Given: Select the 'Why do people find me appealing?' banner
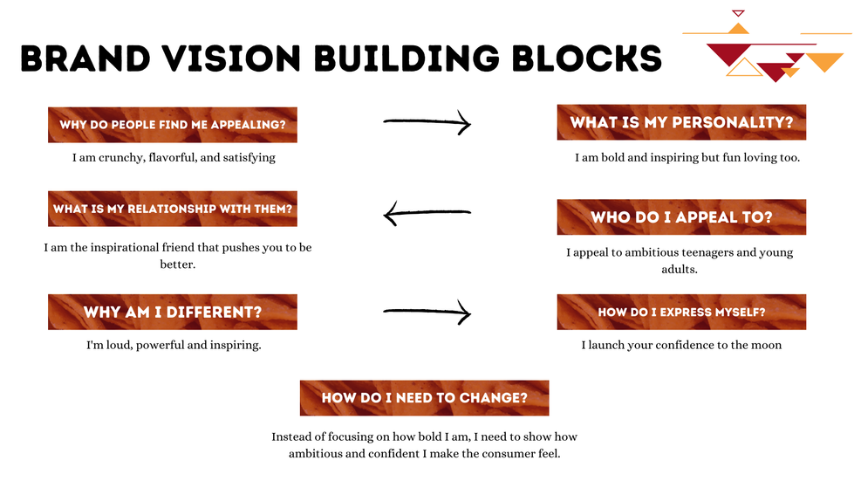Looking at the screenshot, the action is click(173, 125).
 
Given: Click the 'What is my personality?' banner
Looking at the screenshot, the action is click(681, 123).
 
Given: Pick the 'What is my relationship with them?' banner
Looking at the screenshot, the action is click(173, 210).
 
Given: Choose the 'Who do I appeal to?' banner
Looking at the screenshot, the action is click(681, 217).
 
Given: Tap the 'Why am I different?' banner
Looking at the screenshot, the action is click(173, 312).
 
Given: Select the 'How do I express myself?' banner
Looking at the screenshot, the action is click(681, 312).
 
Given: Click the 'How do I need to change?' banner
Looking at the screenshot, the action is click(424, 398).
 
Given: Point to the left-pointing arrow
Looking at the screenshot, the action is click(427, 212).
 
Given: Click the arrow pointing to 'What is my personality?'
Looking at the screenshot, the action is click(427, 123).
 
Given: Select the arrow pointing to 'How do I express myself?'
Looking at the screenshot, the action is click(427, 312).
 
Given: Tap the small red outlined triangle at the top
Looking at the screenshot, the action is click(738, 13).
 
